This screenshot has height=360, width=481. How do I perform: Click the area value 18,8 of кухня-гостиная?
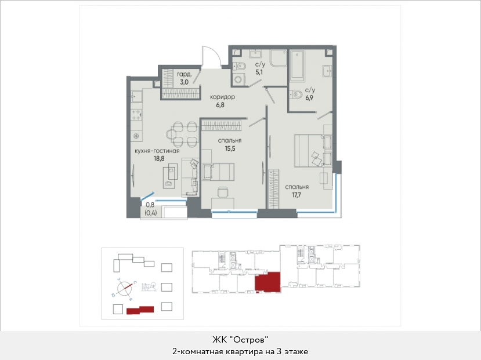(159, 158)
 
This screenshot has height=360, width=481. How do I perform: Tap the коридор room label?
(222, 97)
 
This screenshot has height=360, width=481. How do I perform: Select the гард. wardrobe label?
(185, 74)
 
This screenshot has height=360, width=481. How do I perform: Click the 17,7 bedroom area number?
(296, 195)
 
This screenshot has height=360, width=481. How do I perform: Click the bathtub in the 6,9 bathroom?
(297, 66)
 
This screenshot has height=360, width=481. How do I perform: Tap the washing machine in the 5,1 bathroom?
(238, 79)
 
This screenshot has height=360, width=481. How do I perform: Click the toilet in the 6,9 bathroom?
(295, 94)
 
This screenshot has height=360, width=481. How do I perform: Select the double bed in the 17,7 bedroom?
(313, 150)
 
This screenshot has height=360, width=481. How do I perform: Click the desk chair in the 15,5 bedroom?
(223, 192)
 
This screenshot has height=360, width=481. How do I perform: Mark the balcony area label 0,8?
(150, 205)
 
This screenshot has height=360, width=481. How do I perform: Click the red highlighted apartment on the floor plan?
(267, 282)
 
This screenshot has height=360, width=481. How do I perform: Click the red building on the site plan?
(140, 310)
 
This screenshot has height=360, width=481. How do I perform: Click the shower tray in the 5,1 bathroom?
(279, 58)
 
